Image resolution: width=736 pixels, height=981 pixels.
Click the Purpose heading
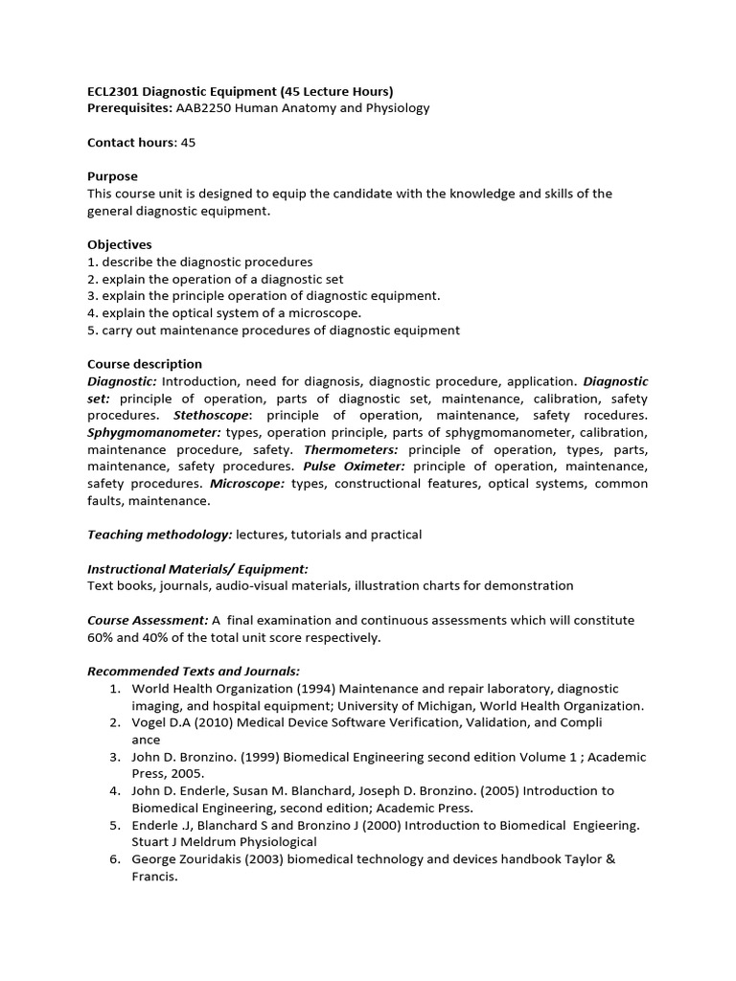pos(112,176)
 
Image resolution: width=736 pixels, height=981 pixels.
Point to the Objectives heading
pos(119,244)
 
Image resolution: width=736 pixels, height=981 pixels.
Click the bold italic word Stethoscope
pos(212,415)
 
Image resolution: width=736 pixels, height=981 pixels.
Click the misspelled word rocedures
pos(615,415)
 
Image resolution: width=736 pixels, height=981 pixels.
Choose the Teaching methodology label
pos(159,535)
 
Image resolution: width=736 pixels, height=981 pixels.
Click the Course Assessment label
pos(147,620)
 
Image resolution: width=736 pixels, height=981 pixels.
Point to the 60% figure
pos(101,637)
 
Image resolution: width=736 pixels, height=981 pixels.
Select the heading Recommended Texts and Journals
pos(194,672)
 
